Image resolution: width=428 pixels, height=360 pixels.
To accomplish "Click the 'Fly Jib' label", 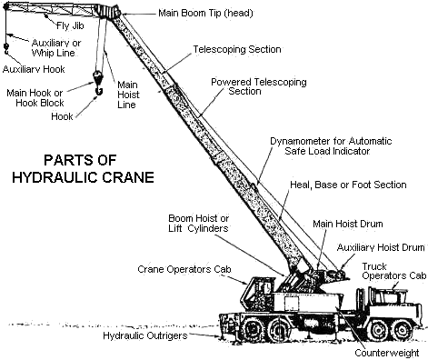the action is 70,25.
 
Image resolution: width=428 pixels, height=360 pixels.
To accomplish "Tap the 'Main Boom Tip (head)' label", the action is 205,13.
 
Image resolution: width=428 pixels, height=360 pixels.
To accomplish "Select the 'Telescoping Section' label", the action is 237,49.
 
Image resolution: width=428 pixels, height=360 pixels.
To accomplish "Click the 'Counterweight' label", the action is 387,353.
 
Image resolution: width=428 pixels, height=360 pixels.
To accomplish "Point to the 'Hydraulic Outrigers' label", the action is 145,335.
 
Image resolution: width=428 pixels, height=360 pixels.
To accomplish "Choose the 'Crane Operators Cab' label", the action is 184,269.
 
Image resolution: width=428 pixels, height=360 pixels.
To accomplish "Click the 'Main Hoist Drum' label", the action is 348,224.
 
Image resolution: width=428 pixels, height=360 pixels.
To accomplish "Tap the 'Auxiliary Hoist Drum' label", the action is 381,247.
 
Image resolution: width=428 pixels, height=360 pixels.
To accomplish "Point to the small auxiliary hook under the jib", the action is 6,48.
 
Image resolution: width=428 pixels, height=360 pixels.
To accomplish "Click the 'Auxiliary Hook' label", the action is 34,69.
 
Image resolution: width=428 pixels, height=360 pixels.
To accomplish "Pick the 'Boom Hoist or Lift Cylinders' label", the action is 199,223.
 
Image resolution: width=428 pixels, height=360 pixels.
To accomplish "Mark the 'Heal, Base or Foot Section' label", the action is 348,185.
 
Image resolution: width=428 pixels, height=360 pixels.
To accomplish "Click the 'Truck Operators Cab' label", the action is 394,271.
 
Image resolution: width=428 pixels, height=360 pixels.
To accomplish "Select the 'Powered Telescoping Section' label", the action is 259,86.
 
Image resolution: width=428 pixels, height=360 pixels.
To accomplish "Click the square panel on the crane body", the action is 292,304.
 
